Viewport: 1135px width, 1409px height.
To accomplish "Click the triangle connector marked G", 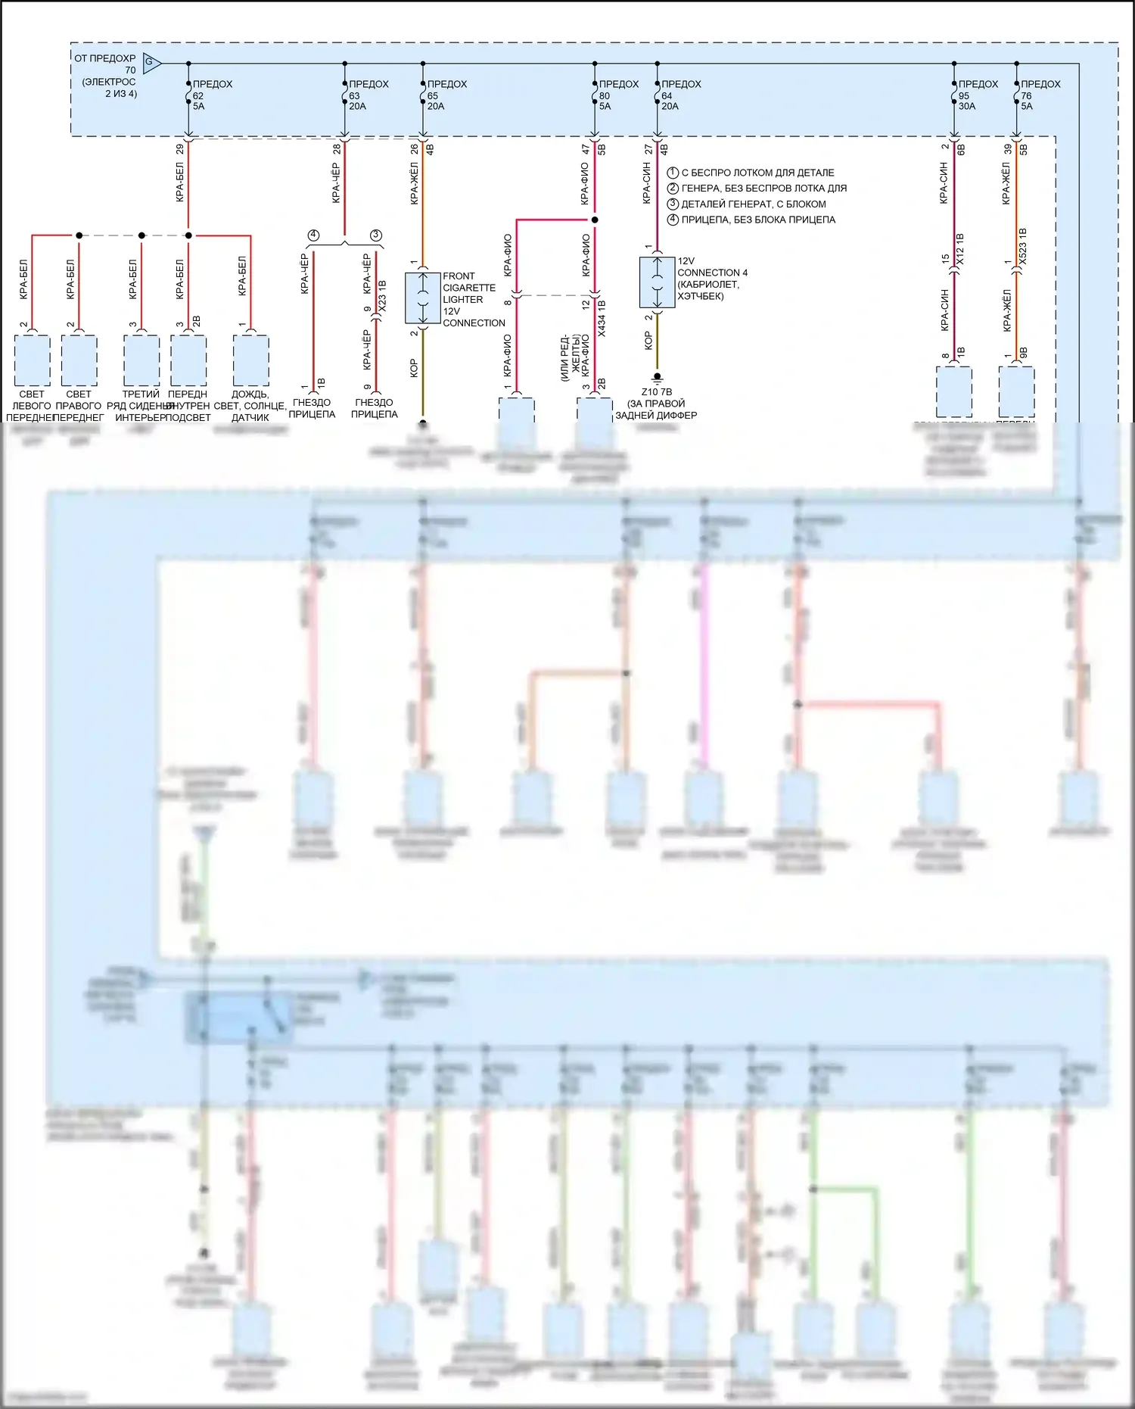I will [151, 64].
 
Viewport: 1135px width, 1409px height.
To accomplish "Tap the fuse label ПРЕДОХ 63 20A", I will [368, 95].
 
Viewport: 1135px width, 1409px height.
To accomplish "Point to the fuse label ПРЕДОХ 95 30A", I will [977, 95].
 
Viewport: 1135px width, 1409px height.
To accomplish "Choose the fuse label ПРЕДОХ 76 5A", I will [1039, 95].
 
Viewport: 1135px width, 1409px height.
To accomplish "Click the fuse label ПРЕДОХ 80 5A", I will [617, 95].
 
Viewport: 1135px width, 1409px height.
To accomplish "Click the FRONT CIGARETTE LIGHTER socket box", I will [422, 298].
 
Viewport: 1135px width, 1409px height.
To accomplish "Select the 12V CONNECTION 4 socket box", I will [657, 282].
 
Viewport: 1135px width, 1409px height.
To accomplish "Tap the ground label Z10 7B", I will [656, 392].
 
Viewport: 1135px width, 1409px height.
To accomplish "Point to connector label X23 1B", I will [382, 296].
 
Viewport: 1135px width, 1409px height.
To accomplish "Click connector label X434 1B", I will [602, 318].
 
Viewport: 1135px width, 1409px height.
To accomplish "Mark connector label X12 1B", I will [960, 249].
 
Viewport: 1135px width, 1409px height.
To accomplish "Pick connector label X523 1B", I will [1022, 246].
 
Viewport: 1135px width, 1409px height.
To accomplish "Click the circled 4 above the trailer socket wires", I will [313, 235].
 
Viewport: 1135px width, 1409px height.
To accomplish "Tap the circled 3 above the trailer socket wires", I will [376, 235].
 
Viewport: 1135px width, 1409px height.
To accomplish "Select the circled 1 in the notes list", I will [673, 173].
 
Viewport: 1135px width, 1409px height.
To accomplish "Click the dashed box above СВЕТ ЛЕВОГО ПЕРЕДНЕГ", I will [32, 360].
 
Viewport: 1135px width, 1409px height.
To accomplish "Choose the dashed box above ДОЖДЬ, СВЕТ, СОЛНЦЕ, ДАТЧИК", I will [250, 360].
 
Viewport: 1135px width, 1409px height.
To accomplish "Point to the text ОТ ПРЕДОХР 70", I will [105, 64].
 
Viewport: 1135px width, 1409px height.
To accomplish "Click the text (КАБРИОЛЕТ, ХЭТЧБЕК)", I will [707, 290].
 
